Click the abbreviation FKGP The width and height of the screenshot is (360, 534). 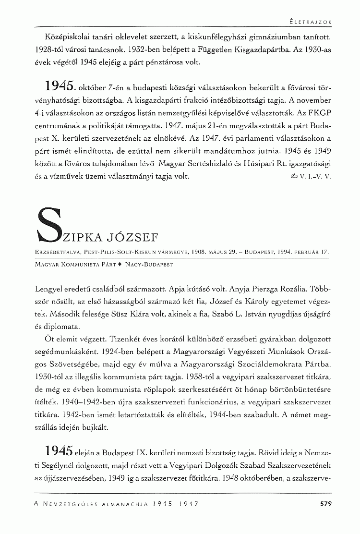[x=320, y=113]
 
